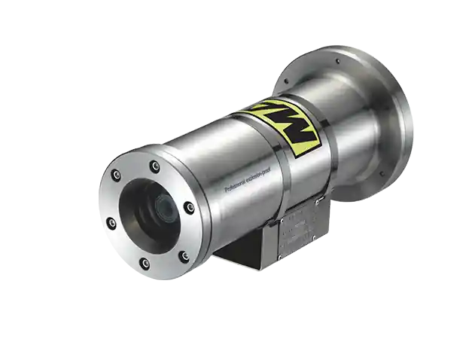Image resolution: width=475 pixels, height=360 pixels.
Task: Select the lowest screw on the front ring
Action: point(145,264)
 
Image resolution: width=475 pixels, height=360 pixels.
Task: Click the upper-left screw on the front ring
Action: point(117,175)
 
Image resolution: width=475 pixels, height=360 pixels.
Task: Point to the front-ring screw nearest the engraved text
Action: point(190,207)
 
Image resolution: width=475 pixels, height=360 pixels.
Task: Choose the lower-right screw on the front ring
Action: point(183,256)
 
